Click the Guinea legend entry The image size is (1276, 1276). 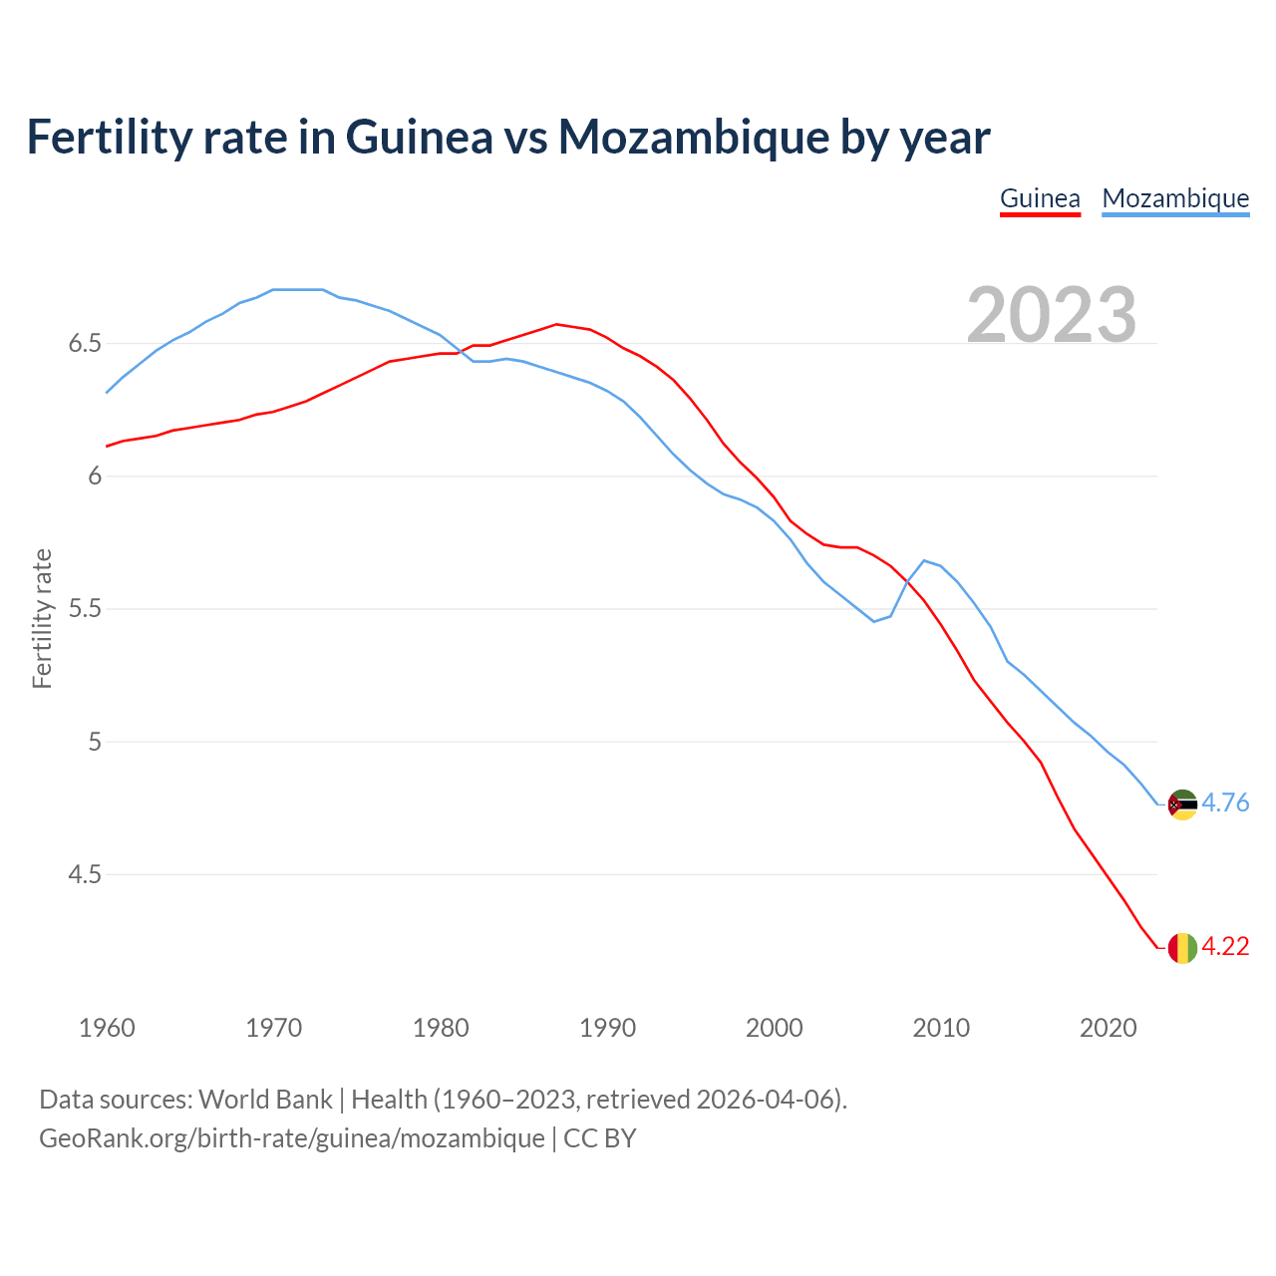[1040, 198]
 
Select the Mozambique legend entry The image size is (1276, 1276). [1175, 198]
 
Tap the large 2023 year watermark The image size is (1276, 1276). [1052, 315]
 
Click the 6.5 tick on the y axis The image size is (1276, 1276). [85, 344]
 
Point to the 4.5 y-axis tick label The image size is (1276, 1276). [85, 875]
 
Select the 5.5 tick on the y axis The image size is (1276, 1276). [85, 609]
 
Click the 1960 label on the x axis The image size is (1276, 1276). [107, 1028]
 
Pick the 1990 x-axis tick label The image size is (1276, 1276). [607, 1028]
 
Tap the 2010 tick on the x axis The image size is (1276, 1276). [941, 1028]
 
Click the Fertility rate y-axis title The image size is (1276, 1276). [42, 618]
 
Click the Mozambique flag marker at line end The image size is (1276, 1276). [1182, 804]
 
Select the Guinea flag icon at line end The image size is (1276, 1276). [1182, 948]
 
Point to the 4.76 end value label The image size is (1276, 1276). [1225, 803]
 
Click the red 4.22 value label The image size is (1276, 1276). [1225, 947]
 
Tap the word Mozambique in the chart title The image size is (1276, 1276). [693, 137]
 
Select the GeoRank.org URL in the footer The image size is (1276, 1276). [291, 1138]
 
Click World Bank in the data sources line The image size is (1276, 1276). [265, 1100]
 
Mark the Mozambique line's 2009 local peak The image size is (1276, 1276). [924, 560]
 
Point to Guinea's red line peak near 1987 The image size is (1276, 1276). [556, 324]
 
